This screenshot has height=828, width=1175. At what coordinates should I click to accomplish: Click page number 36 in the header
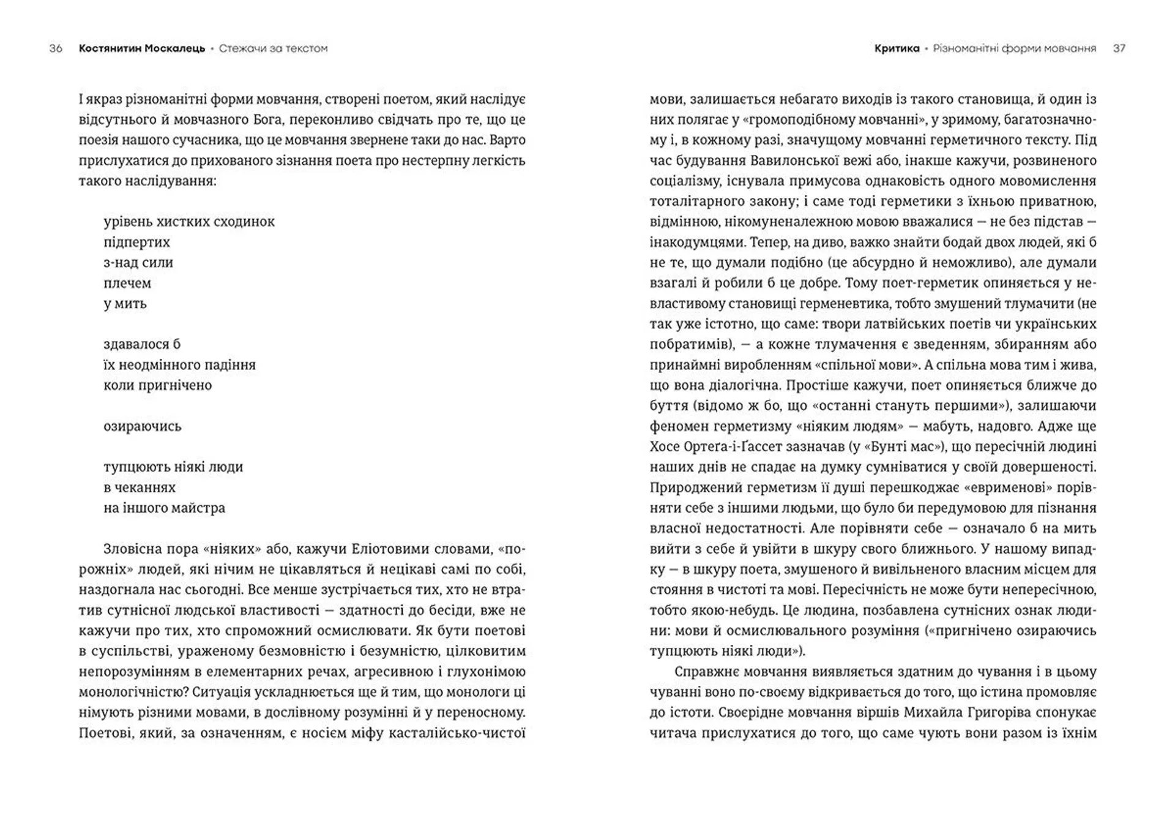[56, 48]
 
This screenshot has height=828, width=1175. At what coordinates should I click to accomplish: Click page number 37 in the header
[1119, 48]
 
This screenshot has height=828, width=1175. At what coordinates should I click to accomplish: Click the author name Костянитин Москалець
[142, 48]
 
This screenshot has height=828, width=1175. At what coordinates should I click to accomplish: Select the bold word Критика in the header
[897, 48]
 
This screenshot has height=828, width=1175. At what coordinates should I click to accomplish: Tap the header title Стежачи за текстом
[273, 48]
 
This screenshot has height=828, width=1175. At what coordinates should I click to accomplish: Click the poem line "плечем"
[127, 283]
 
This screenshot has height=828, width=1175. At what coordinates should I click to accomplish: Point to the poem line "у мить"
[125, 304]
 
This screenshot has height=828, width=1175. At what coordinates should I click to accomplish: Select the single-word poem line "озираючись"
[143, 426]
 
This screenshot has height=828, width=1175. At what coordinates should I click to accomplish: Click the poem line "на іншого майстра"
[164, 508]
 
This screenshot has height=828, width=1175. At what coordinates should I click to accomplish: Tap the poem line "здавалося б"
[142, 344]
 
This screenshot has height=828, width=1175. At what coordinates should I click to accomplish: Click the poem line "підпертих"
[136, 242]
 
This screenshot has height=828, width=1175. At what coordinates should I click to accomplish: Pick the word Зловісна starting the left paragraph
[131, 549]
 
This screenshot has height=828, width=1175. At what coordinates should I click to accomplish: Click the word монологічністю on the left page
[133, 692]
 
